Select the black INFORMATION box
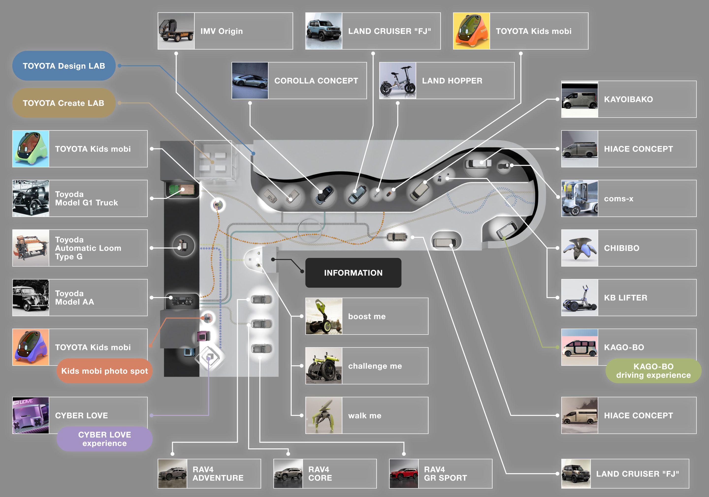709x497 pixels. tap(353, 273)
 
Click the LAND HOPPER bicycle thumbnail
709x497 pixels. tap(397, 80)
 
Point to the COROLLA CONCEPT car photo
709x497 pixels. tap(250, 80)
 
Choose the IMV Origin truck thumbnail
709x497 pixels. tap(176, 31)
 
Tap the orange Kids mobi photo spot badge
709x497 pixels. tap(104, 371)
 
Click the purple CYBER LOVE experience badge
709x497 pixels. tap(104, 439)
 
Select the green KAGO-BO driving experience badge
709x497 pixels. tap(653, 371)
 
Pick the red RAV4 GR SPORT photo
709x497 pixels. tap(403, 474)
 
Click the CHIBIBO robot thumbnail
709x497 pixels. tap(579, 248)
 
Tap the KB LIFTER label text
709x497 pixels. tap(625, 297)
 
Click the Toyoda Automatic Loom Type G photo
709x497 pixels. tap(31, 248)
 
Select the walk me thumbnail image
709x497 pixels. tap(324, 415)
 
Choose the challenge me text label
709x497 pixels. tap(375, 366)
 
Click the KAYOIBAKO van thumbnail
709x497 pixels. tap(579, 99)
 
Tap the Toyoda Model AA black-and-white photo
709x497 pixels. tap(31, 297)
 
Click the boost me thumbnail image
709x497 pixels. tap(324, 316)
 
